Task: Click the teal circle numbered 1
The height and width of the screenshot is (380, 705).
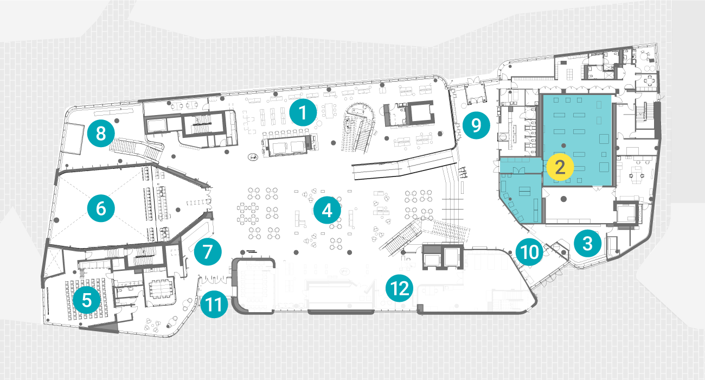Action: pos(303,112)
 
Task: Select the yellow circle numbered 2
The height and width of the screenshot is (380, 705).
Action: pos(560,167)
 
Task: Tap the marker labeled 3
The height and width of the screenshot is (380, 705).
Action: pos(588,244)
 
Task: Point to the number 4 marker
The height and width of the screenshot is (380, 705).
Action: pos(327,210)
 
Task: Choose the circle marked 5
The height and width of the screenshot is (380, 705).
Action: pos(87,300)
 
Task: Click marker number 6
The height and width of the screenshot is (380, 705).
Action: pos(101,208)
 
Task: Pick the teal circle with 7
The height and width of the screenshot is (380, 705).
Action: pos(208,252)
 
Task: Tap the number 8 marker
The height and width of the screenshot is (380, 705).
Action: pos(101,134)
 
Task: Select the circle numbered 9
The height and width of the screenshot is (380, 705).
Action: pos(476,125)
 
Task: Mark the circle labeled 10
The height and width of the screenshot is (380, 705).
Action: pos(530,252)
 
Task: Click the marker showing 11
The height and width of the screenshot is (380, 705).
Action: pos(214,305)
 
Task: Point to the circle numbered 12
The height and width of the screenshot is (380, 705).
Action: pos(399,288)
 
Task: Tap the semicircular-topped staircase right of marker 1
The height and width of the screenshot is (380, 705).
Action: pos(360,128)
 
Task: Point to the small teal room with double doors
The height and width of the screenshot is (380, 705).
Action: pos(521,166)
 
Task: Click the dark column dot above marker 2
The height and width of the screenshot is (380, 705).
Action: pos(563,145)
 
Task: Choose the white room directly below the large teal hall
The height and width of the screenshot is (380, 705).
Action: pos(580,205)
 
